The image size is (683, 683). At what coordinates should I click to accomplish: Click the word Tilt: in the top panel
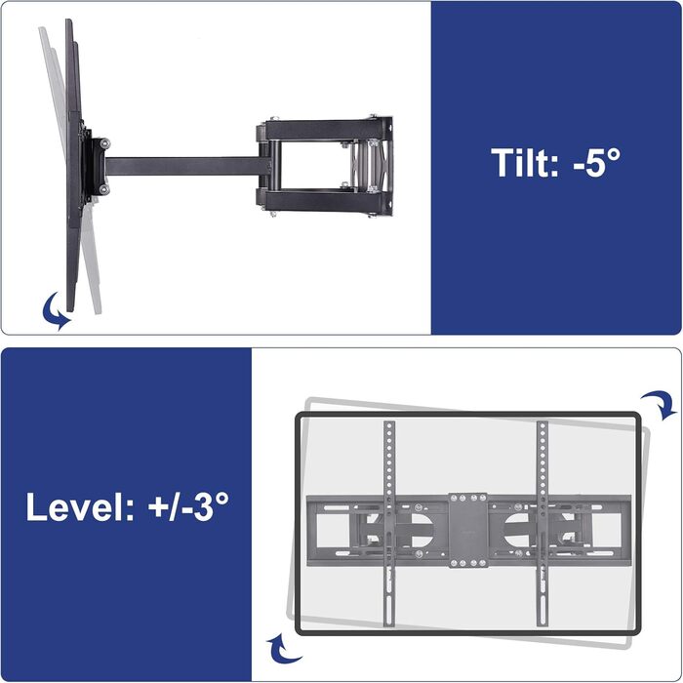525,163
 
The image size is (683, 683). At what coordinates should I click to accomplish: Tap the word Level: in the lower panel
80,506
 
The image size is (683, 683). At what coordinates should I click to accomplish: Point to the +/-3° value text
188,506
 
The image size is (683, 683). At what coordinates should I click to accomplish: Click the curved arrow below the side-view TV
54,311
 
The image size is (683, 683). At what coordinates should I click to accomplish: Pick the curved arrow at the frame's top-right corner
659,404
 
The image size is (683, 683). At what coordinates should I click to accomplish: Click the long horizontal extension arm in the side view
187,167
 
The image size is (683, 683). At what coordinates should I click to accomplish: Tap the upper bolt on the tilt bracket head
104,143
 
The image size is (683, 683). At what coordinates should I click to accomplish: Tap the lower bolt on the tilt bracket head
104,189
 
